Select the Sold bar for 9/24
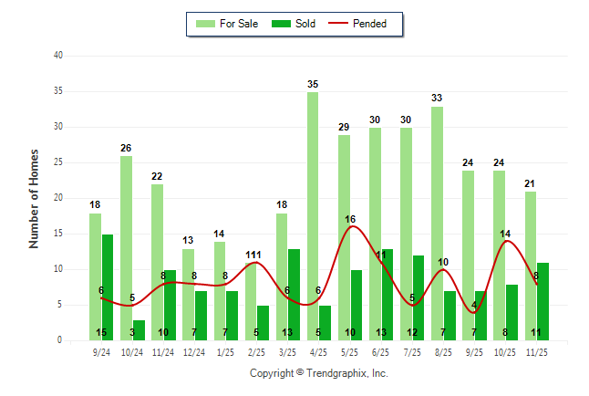pyautogui.click(x=108, y=287)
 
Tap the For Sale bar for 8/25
pyautogui.click(x=437, y=224)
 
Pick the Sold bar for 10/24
pyautogui.click(x=139, y=330)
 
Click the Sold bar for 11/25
pyautogui.click(x=542, y=302)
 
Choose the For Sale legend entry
pyautogui.click(x=232, y=24)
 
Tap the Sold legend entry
pyautogui.click(x=295, y=24)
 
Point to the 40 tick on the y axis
pyautogui.click(x=58, y=56)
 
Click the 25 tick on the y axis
pyautogui.click(x=58, y=162)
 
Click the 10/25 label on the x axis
pyautogui.click(x=504, y=351)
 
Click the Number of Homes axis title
pyautogui.click(x=35, y=198)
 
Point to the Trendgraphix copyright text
pyautogui.click(x=319, y=373)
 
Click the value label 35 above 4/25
pyautogui.click(x=313, y=85)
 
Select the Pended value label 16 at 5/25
pyautogui.click(x=350, y=219)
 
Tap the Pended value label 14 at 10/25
pyautogui.click(x=505, y=234)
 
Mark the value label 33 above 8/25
pyautogui.click(x=437, y=99)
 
